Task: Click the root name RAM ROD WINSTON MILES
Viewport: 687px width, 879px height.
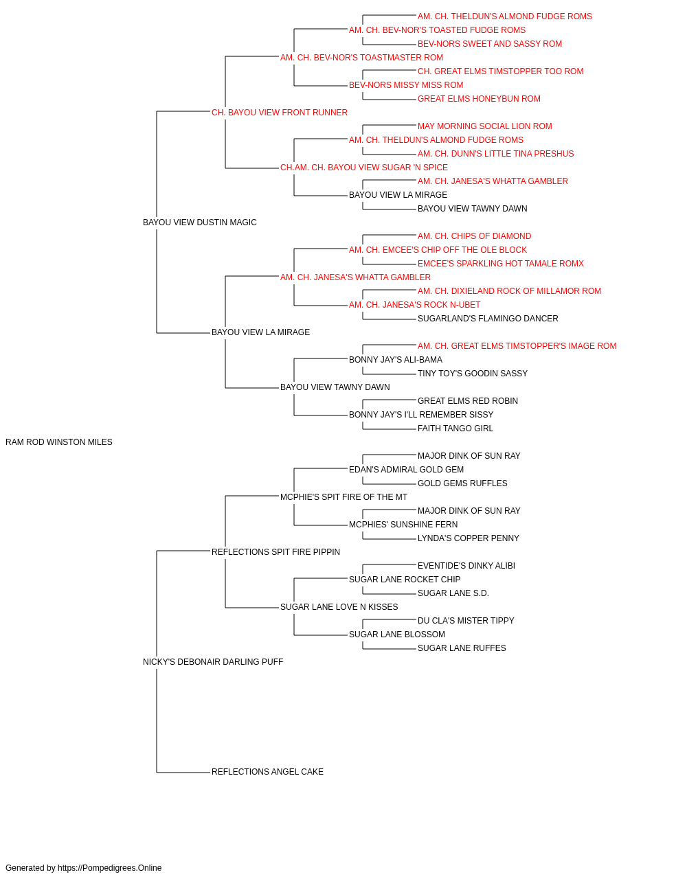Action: [58, 442]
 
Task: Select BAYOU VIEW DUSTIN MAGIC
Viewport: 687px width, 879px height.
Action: [199, 222]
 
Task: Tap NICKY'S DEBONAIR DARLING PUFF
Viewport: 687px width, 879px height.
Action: [213, 662]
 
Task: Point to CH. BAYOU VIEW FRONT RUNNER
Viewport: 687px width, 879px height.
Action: [279, 113]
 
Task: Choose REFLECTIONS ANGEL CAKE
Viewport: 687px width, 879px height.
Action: [267, 772]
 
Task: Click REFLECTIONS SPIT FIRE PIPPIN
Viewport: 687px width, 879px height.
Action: [275, 552]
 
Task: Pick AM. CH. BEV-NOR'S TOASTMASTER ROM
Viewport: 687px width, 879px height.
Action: [361, 58]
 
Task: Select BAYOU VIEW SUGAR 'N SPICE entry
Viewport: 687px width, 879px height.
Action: [363, 168]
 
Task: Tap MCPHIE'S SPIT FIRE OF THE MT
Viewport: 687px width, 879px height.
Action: [343, 497]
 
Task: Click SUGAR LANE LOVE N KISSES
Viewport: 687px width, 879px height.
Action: [339, 607]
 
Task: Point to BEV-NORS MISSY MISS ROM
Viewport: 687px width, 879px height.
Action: [406, 85]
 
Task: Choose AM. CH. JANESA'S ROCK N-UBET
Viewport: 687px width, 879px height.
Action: [414, 305]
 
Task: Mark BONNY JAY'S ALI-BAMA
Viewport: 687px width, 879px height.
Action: [395, 360]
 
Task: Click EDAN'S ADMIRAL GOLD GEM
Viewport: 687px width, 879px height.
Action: [406, 470]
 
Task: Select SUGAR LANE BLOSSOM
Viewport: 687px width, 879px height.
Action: [397, 635]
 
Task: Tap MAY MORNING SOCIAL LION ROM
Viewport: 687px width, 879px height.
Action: [485, 126]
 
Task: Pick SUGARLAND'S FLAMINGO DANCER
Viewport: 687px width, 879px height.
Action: [488, 319]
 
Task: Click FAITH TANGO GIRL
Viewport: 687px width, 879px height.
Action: [455, 429]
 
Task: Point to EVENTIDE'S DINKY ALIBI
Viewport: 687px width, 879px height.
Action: [466, 565]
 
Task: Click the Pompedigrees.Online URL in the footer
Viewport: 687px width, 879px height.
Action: [109, 868]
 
